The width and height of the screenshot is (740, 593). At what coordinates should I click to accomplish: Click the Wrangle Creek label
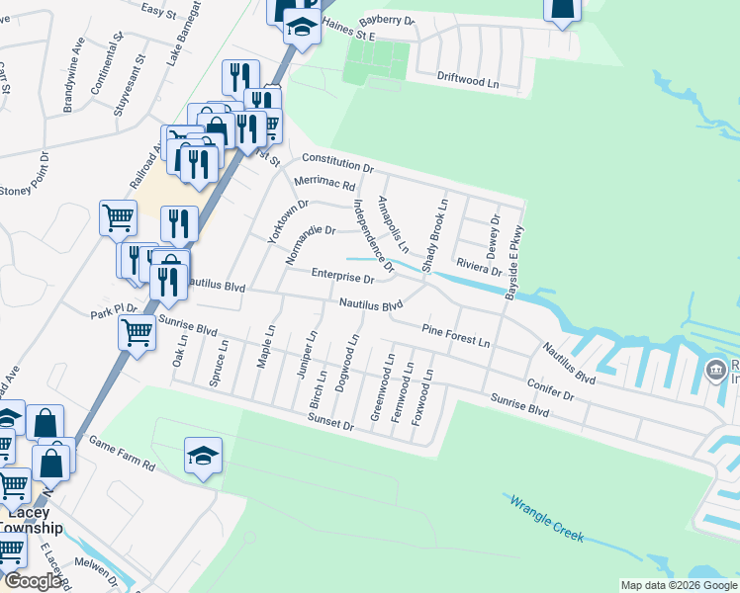tap(546, 518)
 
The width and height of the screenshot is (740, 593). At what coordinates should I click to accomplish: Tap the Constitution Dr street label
tap(336, 163)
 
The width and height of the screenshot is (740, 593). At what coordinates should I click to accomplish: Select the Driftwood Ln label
tap(467, 79)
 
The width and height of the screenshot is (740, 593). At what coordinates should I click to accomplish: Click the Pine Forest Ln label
tap(455, 335)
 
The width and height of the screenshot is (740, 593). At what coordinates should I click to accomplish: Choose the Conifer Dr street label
tap(552, 387)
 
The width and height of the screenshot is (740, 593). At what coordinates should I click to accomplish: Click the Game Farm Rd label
tap(122, 453)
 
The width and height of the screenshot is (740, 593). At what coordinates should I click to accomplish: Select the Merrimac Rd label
tap(324, 184)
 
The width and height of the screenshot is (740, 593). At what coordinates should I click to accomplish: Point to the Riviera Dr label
tap(479, 269)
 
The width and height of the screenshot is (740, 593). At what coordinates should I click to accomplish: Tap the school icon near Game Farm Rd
tap(203, 456)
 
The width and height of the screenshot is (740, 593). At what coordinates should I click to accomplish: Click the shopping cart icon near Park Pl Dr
tap(137, 332)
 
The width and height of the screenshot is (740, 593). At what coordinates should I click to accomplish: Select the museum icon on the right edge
tap(715, 371)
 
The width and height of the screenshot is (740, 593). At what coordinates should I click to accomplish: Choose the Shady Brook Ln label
tap(434, 236)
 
